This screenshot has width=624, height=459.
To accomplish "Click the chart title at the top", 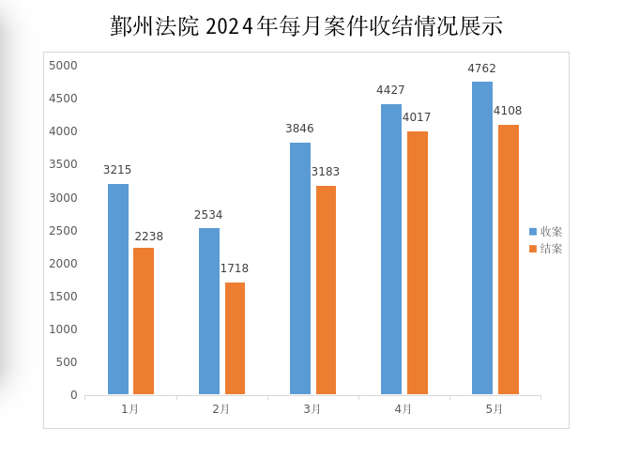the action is (x=306, y=26).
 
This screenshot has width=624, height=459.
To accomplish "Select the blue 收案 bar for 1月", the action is (x=118, y=289).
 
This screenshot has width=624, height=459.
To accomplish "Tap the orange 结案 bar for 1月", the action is (x=144, y=321).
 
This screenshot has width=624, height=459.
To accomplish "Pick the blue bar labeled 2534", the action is (x=209, y=312).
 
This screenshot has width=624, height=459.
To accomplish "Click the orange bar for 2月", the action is (x=235, y=338).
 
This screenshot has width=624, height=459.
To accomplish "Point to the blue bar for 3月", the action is (x=300, y=268).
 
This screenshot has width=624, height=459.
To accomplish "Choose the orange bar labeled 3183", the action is (x=326, y=290).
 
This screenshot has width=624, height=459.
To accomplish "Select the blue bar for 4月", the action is (x=391, y=249).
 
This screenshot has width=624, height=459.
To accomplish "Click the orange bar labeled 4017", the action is (x=418, y=263).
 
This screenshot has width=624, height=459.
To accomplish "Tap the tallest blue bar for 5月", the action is (x=482, y=238).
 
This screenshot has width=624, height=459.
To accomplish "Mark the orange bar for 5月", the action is (x=509, y=260).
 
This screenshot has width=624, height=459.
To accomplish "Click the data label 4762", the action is (x=481, y=69).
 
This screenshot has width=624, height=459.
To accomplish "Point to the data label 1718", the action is (x=235, y=268).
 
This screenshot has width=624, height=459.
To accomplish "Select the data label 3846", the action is (x=299, y=129).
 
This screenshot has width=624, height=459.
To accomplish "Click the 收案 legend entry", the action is (x=545, y=232).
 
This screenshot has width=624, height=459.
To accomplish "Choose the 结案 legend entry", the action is (x=545, y=249).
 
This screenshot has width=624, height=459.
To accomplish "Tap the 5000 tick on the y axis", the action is (x=63, y=66).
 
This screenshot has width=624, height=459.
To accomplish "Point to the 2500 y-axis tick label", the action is (x=63, y=231).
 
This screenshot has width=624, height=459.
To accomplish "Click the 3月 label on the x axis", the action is (x=312, y=409).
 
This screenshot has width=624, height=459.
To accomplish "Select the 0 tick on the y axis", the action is (x=74, y=395).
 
